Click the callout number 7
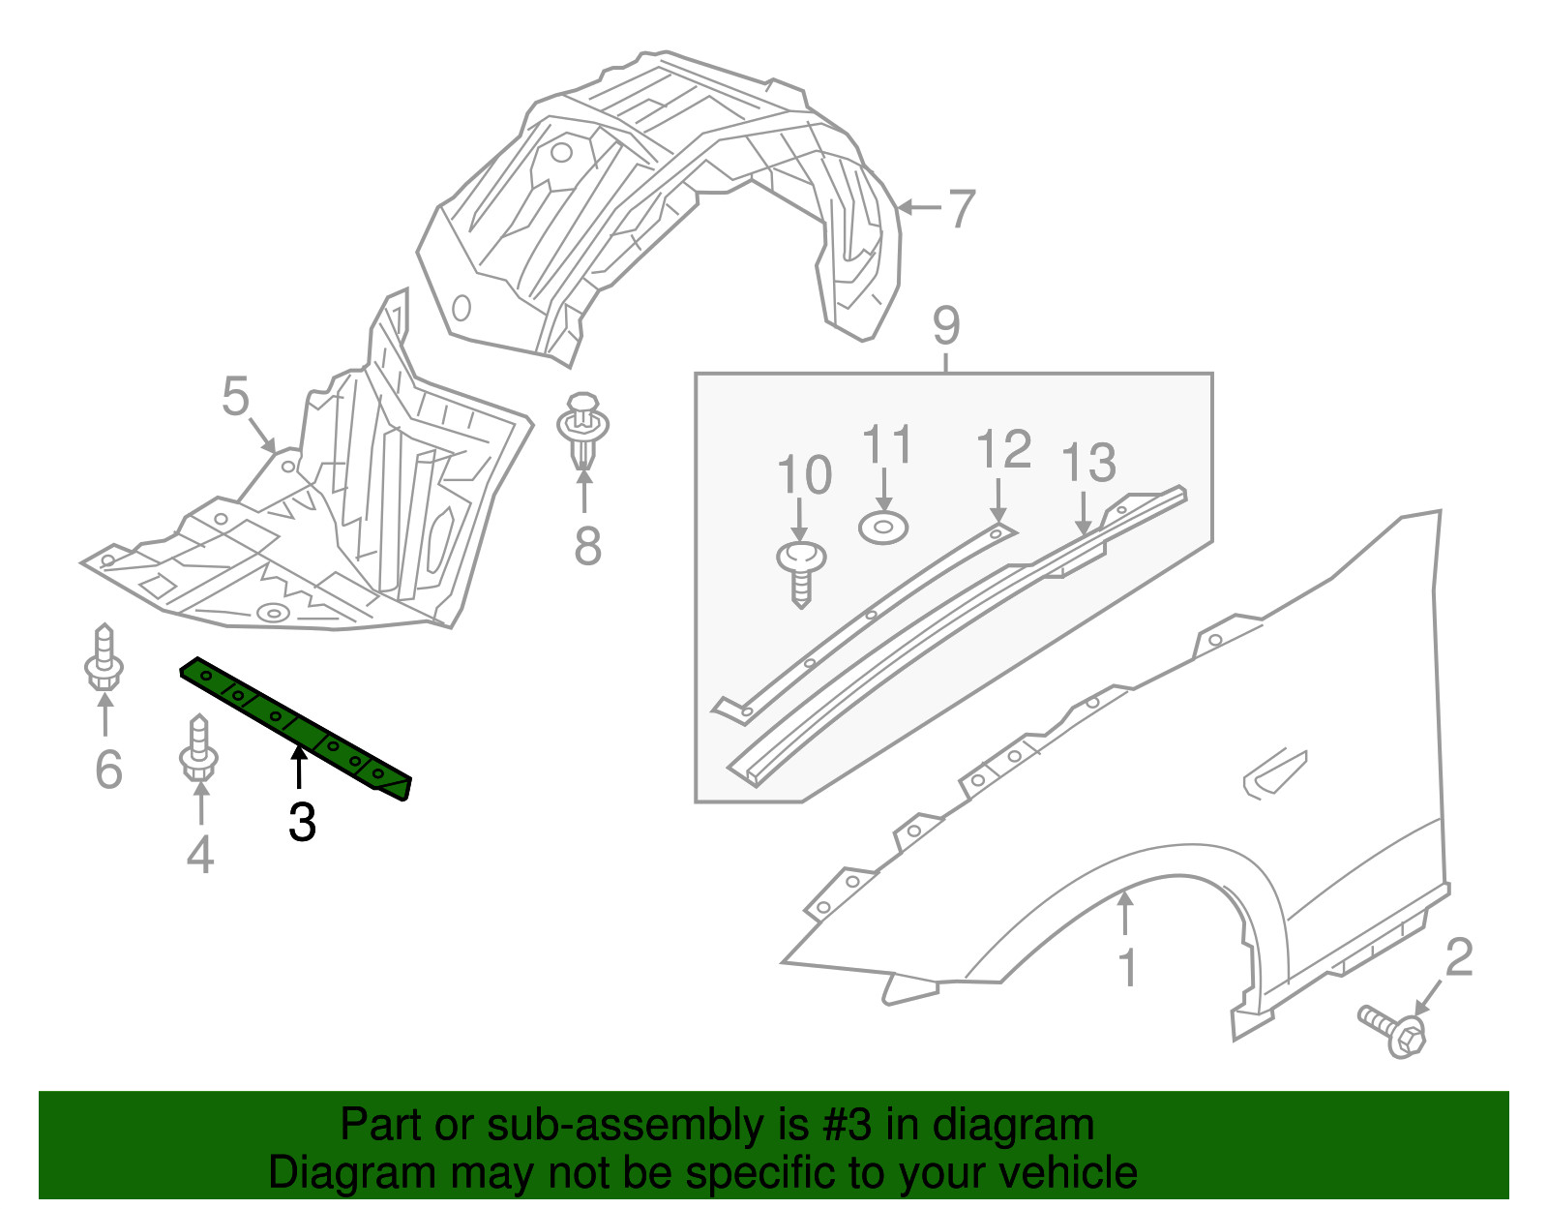pyautogui.click(x=962, y=209)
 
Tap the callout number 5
pyautogui.click(x=235, y=397)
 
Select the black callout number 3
pyautogui.click(x=302, y=823)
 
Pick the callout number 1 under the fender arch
pyautogui.click(x=1127, y=967)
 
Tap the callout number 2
pyautogui.click(x=1458, y=957)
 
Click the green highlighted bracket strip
pyautogui.click(x=295, y=727)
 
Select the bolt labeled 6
pyautogui.click(x=104, y=658)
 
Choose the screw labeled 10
pyautogui.click(x=801, y=571)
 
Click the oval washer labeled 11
pyautogui.click(x=882, y=529)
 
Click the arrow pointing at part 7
pyautogui.click(x=918, y=207)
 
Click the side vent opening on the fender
pyautogui.click(x=1273, y=773)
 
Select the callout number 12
pyautogui.click(x=1003, y=450)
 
